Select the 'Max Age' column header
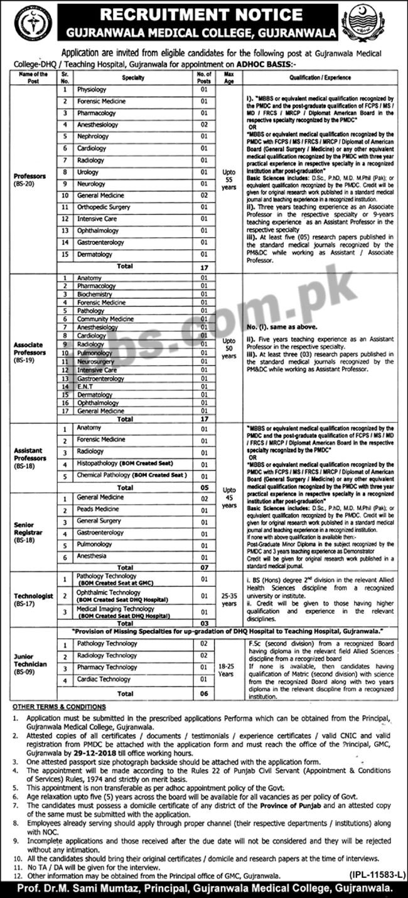coord(228,78)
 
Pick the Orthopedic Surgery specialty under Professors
coord(104,207)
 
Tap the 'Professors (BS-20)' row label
coord(30,180)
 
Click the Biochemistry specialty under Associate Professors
coord(95,294)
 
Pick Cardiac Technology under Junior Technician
coord(104,679)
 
